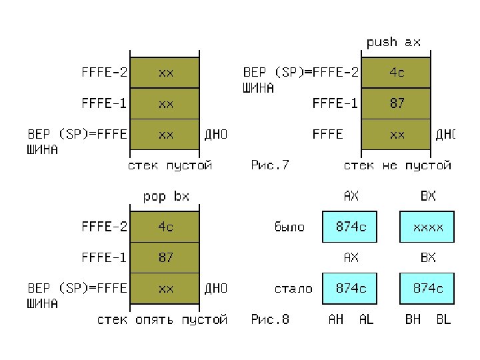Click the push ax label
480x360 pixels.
click(x=394, y=42)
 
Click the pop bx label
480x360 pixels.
click(x=166, y=197)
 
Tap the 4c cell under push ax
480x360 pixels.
click(x=397, y=73)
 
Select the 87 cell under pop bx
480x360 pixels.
click(x=165, y=257)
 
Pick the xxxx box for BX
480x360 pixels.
click(x=427, y=227)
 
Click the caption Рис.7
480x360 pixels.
click(x=270, y=165)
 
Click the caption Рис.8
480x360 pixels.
click(x=270, y=319)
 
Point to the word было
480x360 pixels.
click(x=289, y=227)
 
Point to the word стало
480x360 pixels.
click(x=293, y=289)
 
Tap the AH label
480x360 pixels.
click(x=336, y=319)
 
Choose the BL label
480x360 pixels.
click(x=443, y=319)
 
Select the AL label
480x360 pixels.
click(x=366, y=319)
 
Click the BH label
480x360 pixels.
click(x=413, y=319)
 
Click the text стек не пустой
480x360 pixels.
click(x=397, y=165)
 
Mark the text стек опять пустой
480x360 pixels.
click(x=162, y=319)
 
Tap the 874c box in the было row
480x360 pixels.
click(x=350, y=227)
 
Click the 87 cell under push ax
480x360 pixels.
click(x=397, y=103)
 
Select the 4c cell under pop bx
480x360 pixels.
click(x=165, y=227)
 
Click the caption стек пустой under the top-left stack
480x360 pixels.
click(x=170, y=165)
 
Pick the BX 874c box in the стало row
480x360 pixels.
click(x=427, y=289)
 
